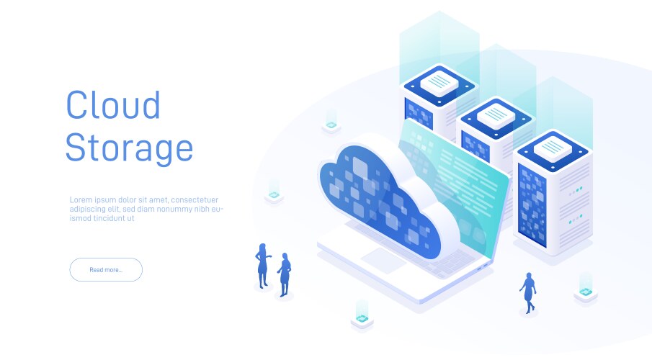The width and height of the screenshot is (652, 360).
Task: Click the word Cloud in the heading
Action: [113, 104]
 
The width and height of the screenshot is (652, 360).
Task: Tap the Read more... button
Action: [106, 270]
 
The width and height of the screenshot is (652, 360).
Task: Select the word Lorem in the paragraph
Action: [81, 200]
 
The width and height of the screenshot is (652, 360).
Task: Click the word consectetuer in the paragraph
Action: [195, 200]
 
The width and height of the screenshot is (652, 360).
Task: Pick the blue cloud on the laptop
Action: [379, 199]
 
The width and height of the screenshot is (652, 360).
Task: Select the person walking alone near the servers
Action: [528, 293]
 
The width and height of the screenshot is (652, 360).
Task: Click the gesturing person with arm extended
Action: [262, 266]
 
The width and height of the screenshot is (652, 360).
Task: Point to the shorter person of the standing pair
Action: [285, 275]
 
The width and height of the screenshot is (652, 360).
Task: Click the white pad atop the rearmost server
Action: [439, 83]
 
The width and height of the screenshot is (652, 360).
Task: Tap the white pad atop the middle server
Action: [496, 116]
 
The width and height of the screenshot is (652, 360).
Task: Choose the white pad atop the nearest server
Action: [553, 148]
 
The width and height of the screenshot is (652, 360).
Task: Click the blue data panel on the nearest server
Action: [532, 205]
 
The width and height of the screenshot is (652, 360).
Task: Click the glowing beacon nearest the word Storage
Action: [274, 192]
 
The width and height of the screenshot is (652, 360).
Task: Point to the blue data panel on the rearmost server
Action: [419, 114]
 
